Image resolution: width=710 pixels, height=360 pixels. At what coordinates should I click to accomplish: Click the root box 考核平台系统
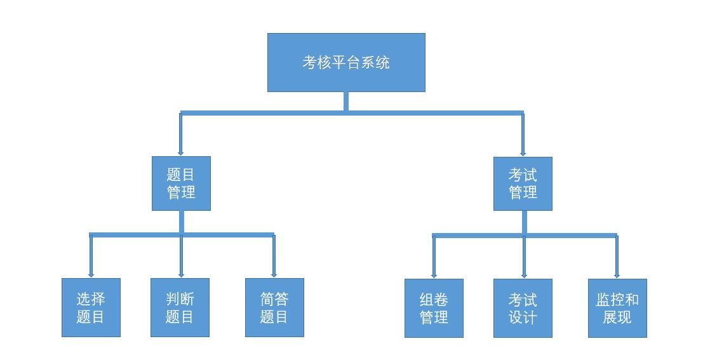pos(346,62)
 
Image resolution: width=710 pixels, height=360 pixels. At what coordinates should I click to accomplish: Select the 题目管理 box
pos(181,183)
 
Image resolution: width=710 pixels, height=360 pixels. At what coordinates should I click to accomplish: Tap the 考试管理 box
pos(523,184)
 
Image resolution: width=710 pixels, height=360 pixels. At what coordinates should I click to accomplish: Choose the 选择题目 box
pos(91,307)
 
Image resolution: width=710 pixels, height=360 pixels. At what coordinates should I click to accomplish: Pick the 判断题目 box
pos(180,307)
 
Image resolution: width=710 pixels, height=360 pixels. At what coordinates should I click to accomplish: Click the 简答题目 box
pos(274,307)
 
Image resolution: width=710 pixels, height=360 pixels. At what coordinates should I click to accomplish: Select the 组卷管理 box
pos(434,308)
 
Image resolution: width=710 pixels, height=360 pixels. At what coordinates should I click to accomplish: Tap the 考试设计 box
pos(523,308)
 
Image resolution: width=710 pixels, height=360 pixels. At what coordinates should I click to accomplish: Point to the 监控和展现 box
pos(618,308)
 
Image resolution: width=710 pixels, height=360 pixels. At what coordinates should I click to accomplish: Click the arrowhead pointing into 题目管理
pos(180,154)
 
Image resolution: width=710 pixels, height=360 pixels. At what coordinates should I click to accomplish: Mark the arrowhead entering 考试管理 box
pos(523,154)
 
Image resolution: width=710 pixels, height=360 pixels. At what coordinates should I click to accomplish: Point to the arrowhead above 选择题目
pos(91,275)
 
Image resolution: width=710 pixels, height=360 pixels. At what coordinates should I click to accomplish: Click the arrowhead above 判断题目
pos(181,275)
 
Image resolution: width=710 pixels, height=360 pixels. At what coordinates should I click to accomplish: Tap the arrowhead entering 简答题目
pos(274,275)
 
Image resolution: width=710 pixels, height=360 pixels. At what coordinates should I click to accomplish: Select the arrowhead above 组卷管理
pos(434,276)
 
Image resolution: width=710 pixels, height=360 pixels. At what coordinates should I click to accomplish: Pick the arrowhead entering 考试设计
pos(525,276)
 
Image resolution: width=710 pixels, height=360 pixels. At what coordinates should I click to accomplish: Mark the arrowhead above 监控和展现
pos(617,276)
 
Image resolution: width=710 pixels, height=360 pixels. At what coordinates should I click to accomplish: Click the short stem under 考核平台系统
pos(346,102)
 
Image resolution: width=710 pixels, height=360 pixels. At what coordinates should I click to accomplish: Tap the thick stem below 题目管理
pos(182,222)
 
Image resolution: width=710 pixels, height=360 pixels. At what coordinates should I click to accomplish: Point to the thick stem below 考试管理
pos(525,222)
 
